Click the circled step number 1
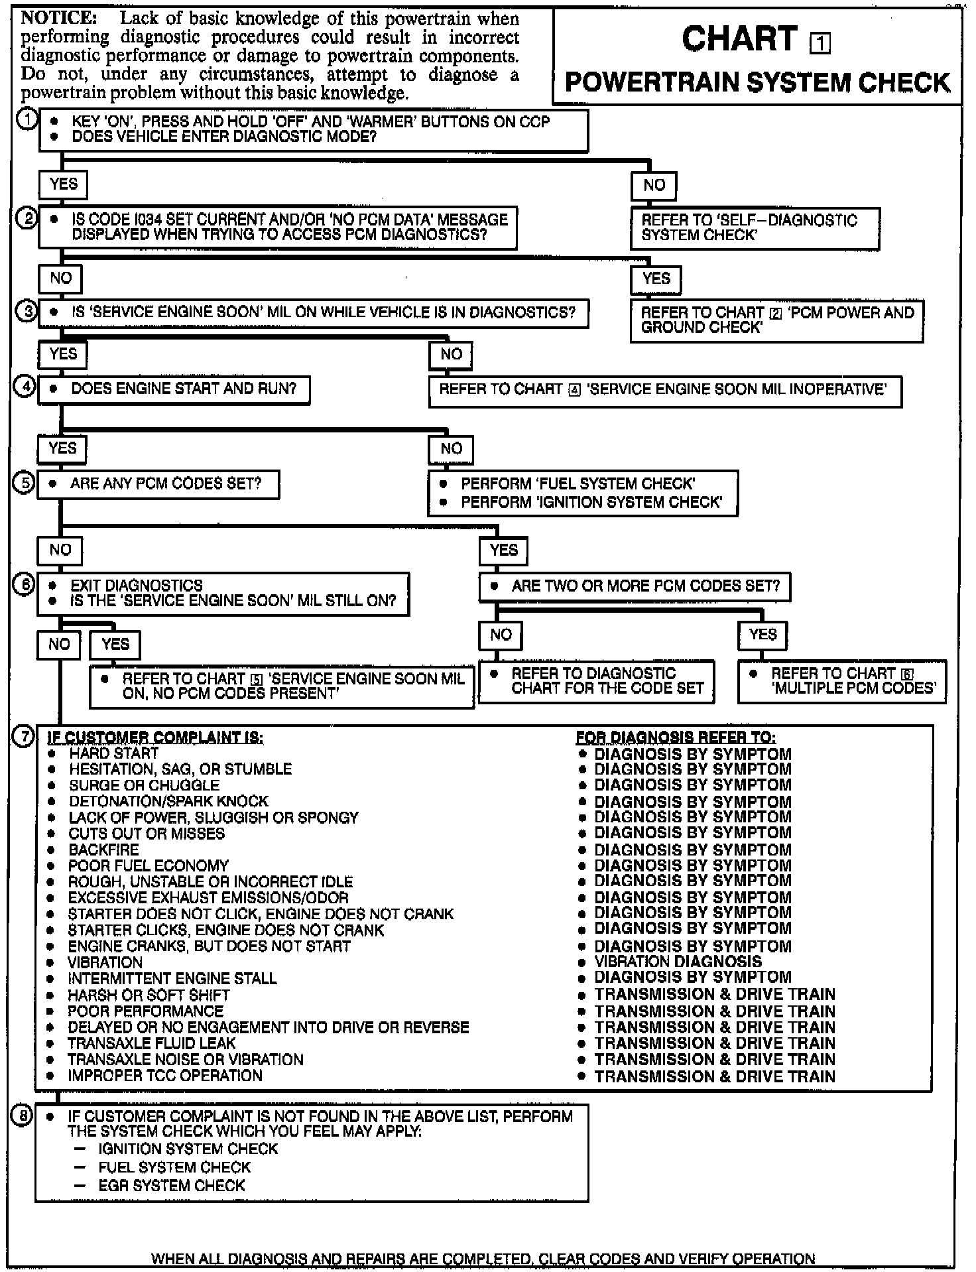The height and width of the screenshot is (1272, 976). [27, 121]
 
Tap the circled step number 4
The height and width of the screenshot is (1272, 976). [25, 387]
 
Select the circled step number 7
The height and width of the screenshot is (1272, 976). [24, 737]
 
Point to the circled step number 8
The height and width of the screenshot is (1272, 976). [23, 1117]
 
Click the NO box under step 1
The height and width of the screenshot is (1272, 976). [654, 185]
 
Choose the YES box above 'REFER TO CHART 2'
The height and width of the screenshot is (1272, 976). [656, 279]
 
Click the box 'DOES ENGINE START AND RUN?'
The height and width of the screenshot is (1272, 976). [174, 389]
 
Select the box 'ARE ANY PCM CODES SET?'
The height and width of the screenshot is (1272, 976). [158, 484]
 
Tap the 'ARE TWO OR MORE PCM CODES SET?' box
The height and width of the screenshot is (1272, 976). [635, 586]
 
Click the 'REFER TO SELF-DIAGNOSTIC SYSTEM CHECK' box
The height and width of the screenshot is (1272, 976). [755, 228]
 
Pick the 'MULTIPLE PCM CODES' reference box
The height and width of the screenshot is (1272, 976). [842, 681]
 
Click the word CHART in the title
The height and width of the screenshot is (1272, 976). [739, 39]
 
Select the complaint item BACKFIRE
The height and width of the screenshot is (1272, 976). [103, 850]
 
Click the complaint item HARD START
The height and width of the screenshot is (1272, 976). [113, 753]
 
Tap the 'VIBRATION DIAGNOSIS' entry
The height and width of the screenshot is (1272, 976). [678, 962]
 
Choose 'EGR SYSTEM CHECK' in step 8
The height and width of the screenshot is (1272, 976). [172, 1185]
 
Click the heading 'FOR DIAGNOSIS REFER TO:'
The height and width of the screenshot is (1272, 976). [676, 737]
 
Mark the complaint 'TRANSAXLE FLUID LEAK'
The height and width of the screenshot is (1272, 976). [151, 1043]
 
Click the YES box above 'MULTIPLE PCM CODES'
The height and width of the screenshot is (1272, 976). [762, 635]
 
